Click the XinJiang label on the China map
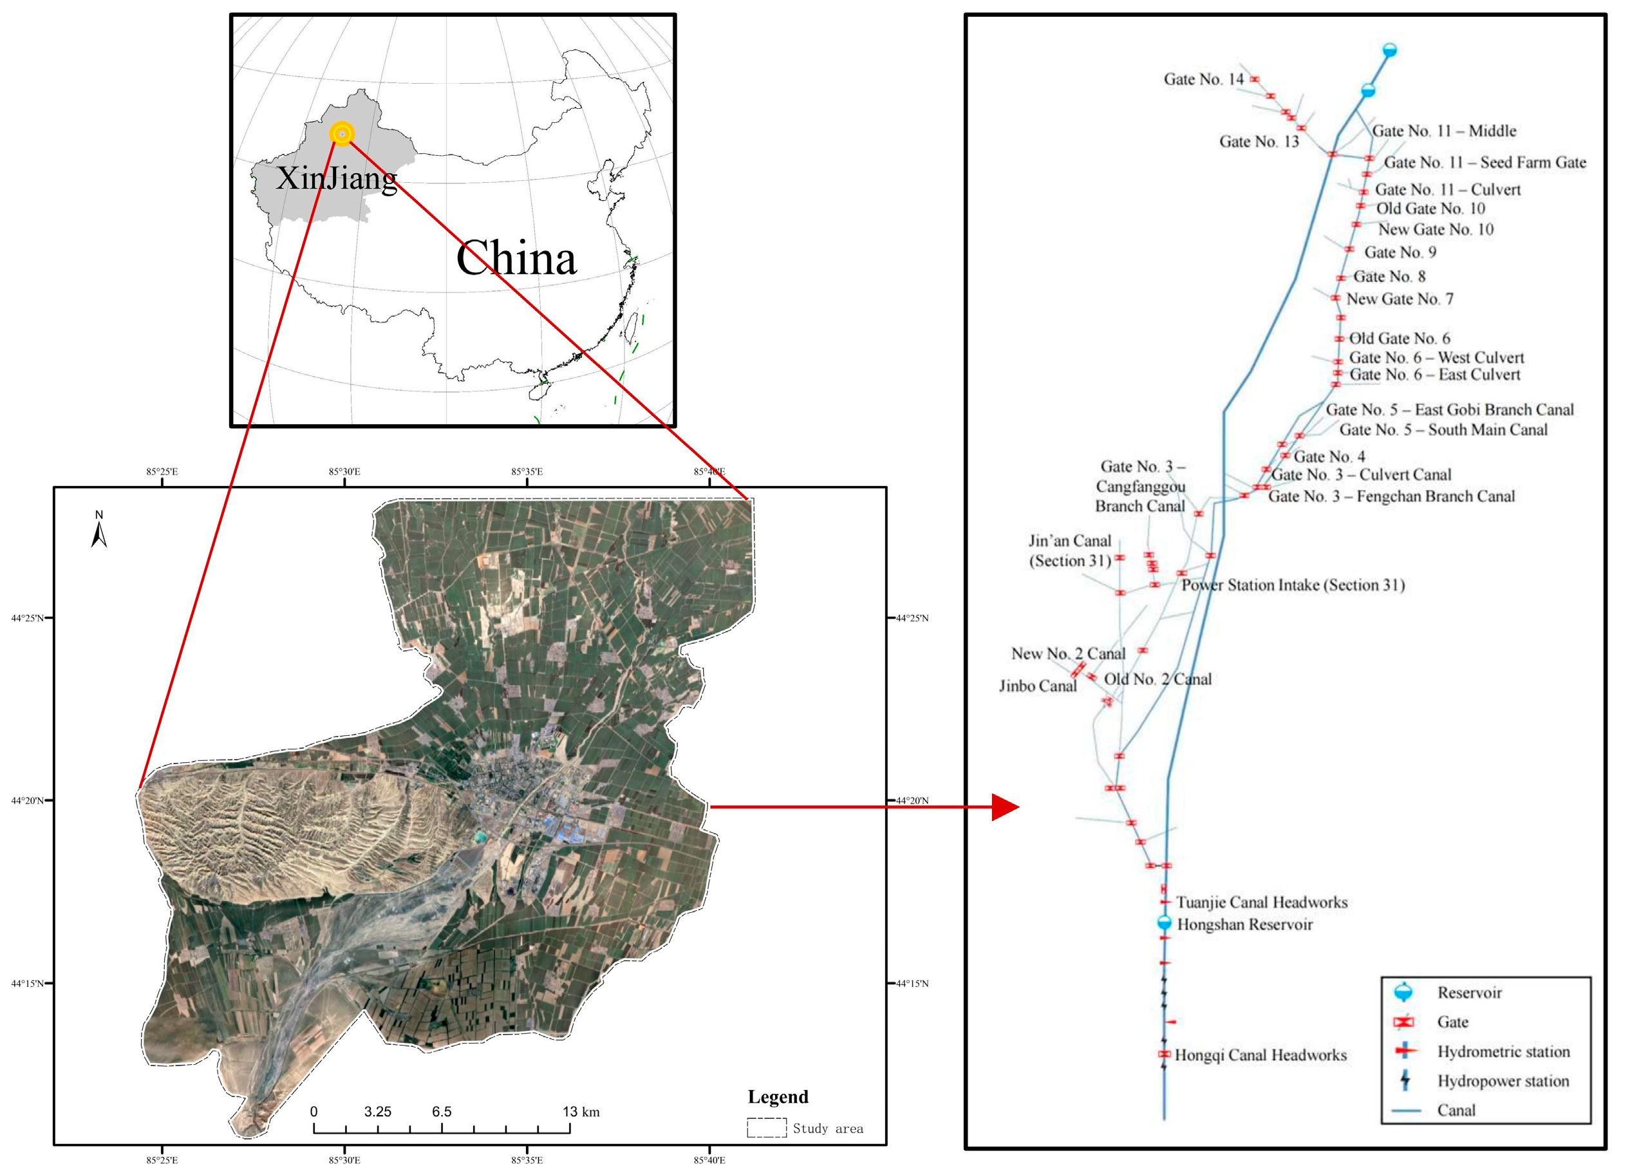tap(336, 178)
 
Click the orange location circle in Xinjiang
tap(342, 134)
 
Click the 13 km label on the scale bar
tap(581, 1111)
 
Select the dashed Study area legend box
tap(766, 1128)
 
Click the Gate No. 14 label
tap(1203, 79)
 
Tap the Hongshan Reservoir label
tap(1245, 924)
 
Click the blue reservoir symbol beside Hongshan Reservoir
tap(1164, 923)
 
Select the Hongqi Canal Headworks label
tap(1261, 1055)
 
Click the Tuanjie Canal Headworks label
tap(1262, 902)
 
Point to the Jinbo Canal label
tap(1038, 686)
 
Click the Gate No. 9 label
tap(1400, 252)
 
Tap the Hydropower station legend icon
tap(1405, 1080)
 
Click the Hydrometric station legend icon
tap(1405, 1051)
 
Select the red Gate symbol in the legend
tap(1404, 1022)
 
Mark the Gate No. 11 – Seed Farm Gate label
tap(1485, 163)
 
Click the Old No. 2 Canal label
tap(1158, 679)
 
